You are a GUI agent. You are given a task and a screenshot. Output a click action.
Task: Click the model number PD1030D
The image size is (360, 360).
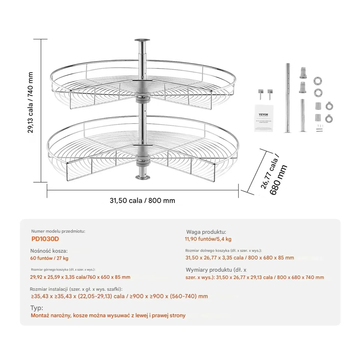[x=45, y=239]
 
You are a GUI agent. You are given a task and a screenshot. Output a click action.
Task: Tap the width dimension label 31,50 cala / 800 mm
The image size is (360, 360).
[x=142, y=201]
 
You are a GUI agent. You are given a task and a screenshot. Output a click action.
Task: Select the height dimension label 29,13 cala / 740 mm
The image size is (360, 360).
[x=30, y=102]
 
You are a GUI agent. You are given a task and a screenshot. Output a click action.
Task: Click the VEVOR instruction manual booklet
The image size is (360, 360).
[x=264, y=118]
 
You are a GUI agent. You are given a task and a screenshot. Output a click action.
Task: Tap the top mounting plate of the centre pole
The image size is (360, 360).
[x=142, y=40]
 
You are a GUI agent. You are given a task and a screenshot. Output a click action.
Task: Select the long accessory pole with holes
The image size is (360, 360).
[x=288, y=98]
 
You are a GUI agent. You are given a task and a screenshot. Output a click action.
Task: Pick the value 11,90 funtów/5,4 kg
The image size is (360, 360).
[x=208, y=239]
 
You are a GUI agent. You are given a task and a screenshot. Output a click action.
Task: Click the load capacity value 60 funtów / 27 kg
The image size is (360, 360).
[x=49, y=258]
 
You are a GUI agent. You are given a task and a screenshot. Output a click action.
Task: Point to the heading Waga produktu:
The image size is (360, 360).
[x=206, y=232]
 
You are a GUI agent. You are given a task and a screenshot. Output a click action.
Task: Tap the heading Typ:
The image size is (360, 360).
[x=37, y=308]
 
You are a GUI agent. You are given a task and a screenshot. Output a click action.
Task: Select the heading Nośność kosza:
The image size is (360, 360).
[x=49, y=251]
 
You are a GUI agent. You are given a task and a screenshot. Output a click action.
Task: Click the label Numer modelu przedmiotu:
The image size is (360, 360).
[x=58, y=231]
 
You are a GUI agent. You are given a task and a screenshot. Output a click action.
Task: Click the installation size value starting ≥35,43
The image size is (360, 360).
[x=119, y=296]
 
